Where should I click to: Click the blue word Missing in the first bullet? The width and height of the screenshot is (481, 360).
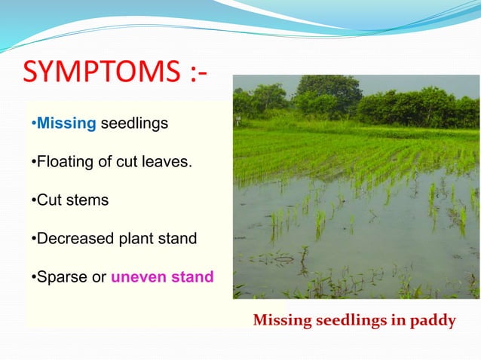pyautogui.click(x=66, y=123)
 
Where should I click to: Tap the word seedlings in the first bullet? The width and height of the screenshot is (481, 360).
pyautogui.click(x=135, y=123)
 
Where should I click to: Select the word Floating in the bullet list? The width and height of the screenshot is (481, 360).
pyautogui.click(x=63, y=161)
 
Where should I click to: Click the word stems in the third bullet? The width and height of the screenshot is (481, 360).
pyautogui.click(x=87, y=200)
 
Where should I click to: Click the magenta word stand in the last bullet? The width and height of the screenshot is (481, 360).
pyautogui.click(x=189, y=277)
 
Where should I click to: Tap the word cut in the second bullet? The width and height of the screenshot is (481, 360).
pyautogui.click(x=130, y=161)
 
